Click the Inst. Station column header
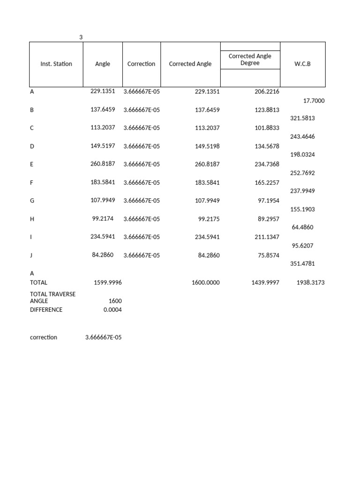(x=56, y=64)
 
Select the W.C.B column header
(x=302, y=64)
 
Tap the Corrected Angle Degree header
(x=250, y=60)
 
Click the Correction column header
(x=141, y=64)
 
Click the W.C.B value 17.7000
(x=314, y=101)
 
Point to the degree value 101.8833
(x=266, y=128)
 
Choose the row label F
(x=32, y=182)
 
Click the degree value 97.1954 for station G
(x=268, y=201)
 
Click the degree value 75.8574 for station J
(x=268, y=255)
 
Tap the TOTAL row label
(x=38, y=283)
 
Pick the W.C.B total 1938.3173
(x=310, y=283)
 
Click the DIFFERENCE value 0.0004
(x=112, y=310)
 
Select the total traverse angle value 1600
(x=114, y=301)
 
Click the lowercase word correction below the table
(x=43, y=337)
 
